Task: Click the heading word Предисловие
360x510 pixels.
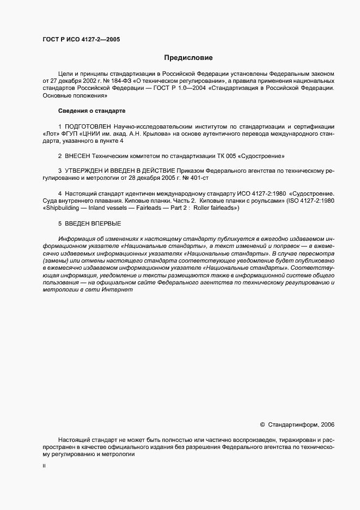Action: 188,57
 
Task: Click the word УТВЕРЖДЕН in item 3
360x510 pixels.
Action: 87,171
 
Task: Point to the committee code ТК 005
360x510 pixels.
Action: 225,155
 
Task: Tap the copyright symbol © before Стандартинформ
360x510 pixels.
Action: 263,424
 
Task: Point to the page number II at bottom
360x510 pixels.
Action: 44,466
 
